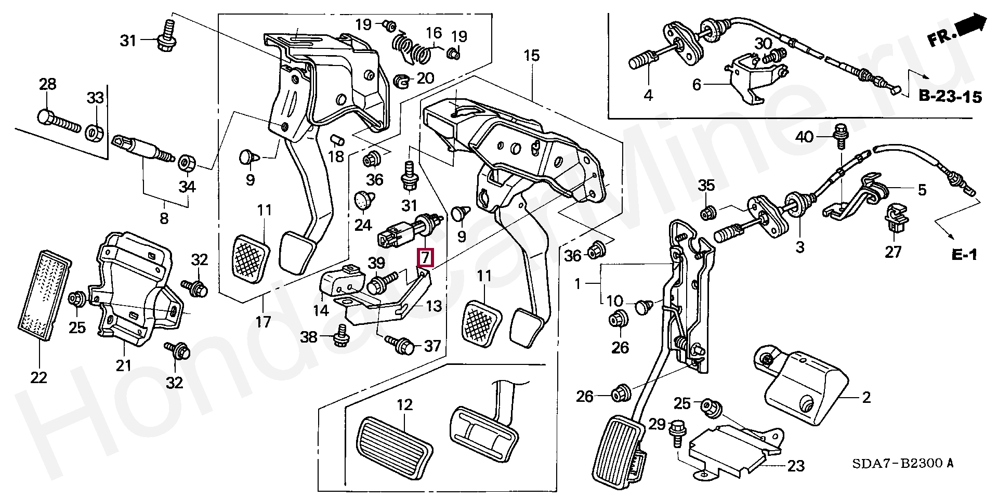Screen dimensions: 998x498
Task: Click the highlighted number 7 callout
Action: pyautogui.click(x=425, y=257)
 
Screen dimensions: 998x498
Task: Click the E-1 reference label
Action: pyautogui.click(x=965, y=254)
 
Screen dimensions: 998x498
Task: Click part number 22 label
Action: pyautogui.click(x=39, y=377)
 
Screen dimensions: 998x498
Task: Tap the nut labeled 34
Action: pyautogui.click(x=186, y=163)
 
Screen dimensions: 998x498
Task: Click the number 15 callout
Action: pyautogui.click(x=532, y=56)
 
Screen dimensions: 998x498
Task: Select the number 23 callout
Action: pyautogui.click(x=795, y=466)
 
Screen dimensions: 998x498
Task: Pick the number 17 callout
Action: pyautogui.click(x=264, y=322)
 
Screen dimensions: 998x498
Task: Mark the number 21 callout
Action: pyautogui.click(x=123, y=365)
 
